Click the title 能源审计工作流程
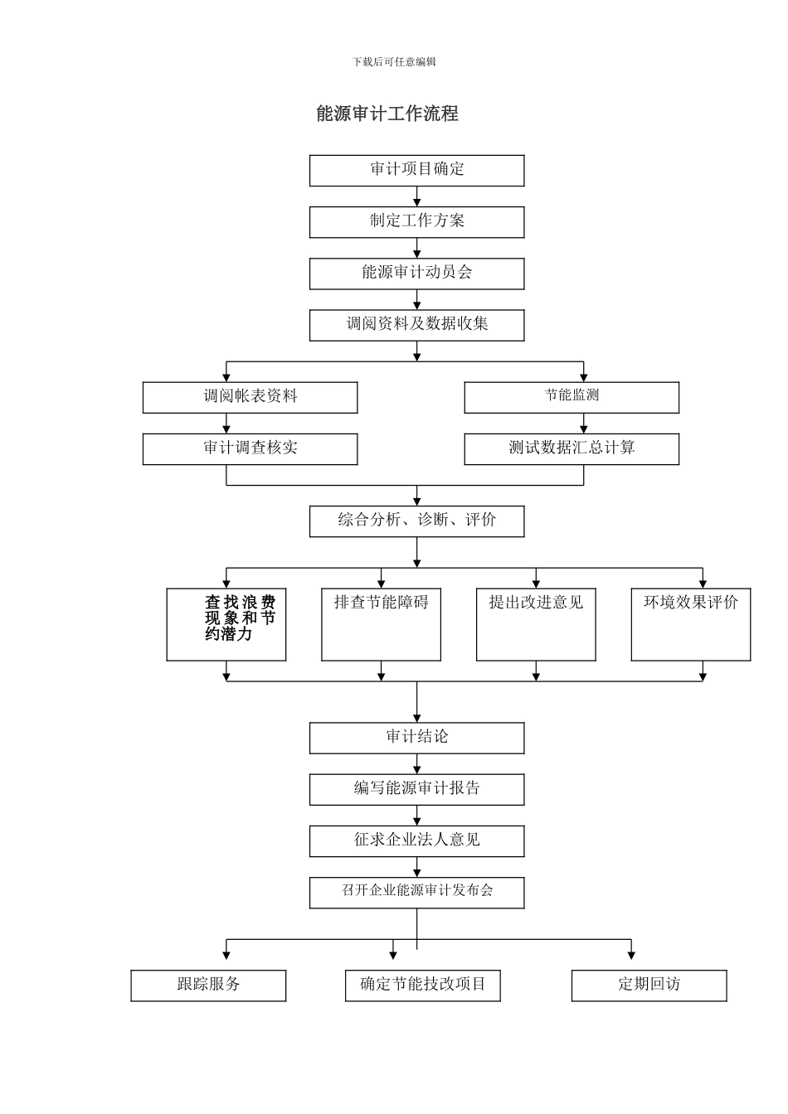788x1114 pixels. [x=387, y=114]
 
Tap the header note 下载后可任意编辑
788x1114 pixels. [x=394, y=61]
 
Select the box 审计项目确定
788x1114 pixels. [x=416, y=170]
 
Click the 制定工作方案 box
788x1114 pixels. [x=416, y=221]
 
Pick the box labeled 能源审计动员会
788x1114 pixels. [x=416, y=273]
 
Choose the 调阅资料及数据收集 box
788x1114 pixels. [x=416, y=324]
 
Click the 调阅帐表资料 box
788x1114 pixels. [x=250, y=397]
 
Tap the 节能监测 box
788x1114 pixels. [x=571, y=397]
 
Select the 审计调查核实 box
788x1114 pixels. [x=250, y=448]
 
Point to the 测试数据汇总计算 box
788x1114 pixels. [x=571, y=448]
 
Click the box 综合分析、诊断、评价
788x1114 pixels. [x=416, y=521]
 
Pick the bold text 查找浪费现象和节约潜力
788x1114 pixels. [x=240, y=618]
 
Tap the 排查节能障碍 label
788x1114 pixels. [x=381, y=603]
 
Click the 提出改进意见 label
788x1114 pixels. [x=536, y=603]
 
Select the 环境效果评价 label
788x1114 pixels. [x=690, y=603]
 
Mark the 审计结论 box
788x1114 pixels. [x=416, y=737]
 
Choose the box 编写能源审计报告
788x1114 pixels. [x=416, y=788]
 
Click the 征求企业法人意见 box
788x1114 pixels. [x=416, y=840]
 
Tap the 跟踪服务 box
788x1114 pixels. [x=208, y=985]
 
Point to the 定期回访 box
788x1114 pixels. [x=649, y=985]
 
